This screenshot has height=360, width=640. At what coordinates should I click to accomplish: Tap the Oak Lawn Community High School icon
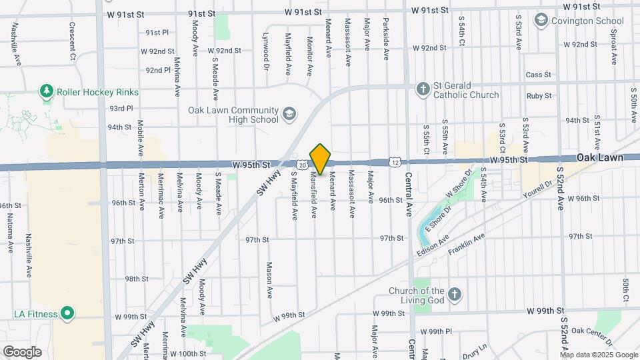[x=289, y=115]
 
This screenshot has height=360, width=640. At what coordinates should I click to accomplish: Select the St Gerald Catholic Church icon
[x=422, y=89]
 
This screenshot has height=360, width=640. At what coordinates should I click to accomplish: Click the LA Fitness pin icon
[x=67, y=313]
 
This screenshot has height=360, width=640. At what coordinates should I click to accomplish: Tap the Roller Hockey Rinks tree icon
[x=46, y=91]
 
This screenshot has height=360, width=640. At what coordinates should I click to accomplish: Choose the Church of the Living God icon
[x=454, y=295]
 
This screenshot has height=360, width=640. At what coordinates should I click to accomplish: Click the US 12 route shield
[x=396, y=162]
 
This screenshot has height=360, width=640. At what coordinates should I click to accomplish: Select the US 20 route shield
[x=303, y=164]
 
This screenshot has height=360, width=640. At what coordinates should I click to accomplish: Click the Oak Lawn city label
[x=600, y=158]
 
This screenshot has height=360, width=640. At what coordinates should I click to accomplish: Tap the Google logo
[x=22, y=352]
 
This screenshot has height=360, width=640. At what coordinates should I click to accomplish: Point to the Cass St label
[x=538, y=75]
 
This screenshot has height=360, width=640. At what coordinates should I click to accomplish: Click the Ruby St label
[x=539, y=95]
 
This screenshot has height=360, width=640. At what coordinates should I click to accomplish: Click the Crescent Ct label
[x=72, y=40]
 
